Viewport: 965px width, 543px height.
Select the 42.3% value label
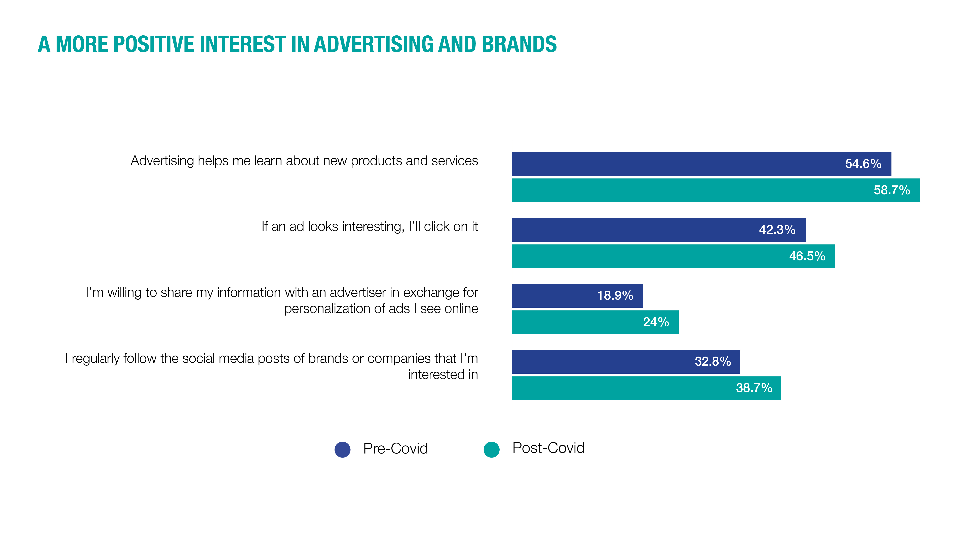(x=777, y=230)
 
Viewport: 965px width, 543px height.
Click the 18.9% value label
(x=615, y=296)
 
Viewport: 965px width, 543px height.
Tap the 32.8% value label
(x=712, y=362)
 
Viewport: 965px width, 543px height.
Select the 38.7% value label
(x=754, y=388)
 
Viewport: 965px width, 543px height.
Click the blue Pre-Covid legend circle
(x=342, y=449)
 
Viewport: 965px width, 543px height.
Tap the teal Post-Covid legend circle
(x=492, y=449)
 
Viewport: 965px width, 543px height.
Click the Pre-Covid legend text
(x=395, y=448)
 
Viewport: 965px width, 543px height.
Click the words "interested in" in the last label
(x=443, y=375)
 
